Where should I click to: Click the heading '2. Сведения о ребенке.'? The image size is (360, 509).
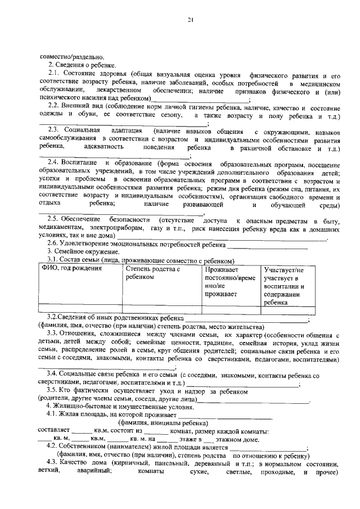(81, 65)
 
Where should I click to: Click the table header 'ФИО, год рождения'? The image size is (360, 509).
(70, 269)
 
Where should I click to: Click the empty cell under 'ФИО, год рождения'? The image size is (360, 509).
(79, 309)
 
